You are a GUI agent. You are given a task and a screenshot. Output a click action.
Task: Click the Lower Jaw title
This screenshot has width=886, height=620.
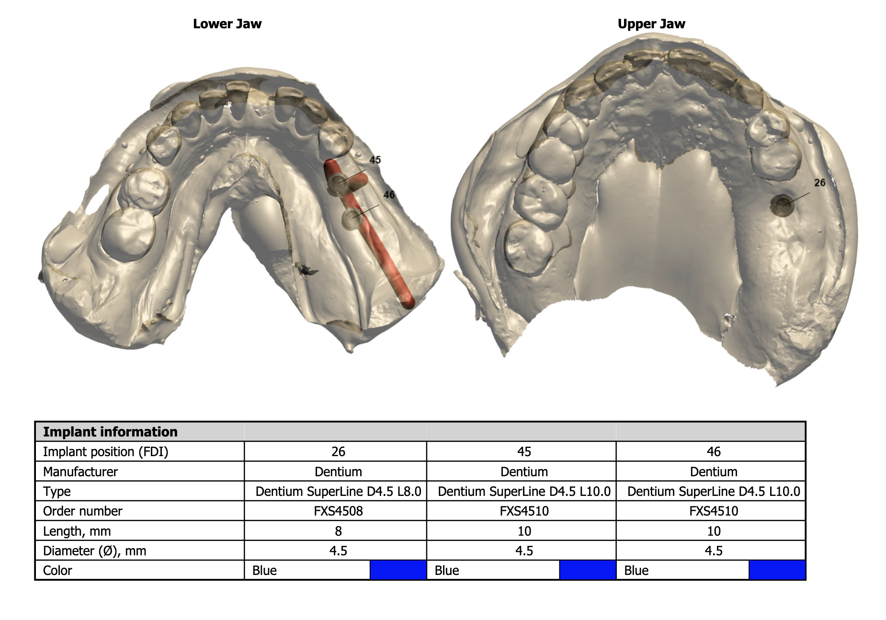point(227,24)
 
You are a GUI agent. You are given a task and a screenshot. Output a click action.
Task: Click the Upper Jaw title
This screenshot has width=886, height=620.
point(651,24)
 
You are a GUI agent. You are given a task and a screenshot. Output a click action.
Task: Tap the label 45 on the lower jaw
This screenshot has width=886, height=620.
point(375,160)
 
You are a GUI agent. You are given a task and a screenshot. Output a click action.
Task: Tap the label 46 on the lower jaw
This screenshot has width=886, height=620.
point(389,195)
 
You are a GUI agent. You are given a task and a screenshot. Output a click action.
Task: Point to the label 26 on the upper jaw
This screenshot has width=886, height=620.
point(819,183)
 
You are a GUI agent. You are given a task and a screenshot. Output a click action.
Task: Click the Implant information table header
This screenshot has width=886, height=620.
point(110,432)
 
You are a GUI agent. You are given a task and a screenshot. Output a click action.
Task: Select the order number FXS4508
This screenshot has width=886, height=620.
point(338,511)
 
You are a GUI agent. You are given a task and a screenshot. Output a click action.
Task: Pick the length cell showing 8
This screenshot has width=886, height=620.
point(338,531)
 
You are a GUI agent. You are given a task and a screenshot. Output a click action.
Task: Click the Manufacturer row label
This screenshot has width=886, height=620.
point(80,472)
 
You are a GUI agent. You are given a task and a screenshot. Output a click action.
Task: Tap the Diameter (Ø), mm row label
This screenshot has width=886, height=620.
point(94,551)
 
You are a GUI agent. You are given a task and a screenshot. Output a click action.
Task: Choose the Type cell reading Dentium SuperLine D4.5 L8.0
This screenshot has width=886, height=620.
point(338,492)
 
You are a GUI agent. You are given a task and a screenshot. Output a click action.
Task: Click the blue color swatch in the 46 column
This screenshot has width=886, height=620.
point(777,570)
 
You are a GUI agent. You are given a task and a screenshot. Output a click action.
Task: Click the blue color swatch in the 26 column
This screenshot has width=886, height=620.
point(398,570)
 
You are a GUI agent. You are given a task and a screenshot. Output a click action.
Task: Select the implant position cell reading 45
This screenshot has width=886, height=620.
point(524,452)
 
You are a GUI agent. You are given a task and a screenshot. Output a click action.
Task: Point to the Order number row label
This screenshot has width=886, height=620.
point(82,511)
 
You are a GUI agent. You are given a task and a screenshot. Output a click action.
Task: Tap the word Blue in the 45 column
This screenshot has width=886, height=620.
point(446,571)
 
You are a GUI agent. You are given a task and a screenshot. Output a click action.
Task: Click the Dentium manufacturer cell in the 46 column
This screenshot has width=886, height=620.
point(714,472)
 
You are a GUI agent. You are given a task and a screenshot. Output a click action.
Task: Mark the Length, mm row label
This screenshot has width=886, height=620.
point(77,531)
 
